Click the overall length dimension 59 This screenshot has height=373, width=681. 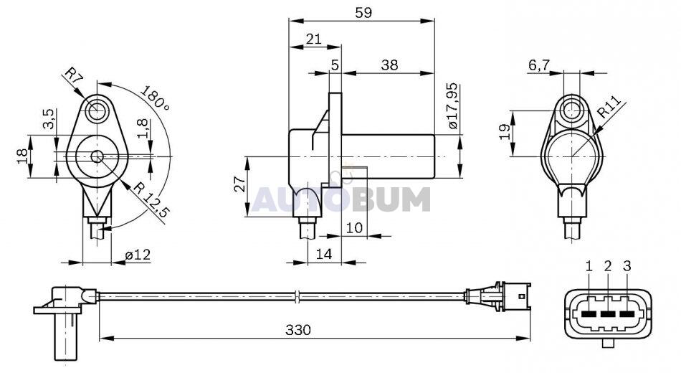tap(363, 13)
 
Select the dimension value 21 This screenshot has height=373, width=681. tap(313, 39)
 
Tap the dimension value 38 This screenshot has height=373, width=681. tap(389, 65)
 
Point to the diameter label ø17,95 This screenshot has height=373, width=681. tap(452, 105)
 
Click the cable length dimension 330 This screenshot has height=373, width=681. tap(298, 330)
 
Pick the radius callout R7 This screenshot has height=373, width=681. tap(73, 75)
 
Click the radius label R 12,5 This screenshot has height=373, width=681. tap(151, 200)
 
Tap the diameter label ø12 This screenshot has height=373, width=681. tap(138, 255)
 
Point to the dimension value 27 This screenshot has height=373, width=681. tap(239, 184)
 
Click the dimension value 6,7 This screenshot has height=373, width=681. tap(539, 65)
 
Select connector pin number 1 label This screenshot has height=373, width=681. tap(589, 266)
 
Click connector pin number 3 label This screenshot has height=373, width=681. tap(627, 266)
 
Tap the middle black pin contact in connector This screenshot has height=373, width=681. tap(608, 313)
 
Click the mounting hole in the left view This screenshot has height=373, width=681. tap(97, 111)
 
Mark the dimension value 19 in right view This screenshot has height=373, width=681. tap(505, 131)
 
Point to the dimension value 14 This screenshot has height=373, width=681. tap(324, 254)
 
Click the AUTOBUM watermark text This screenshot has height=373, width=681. tap(341, 199)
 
